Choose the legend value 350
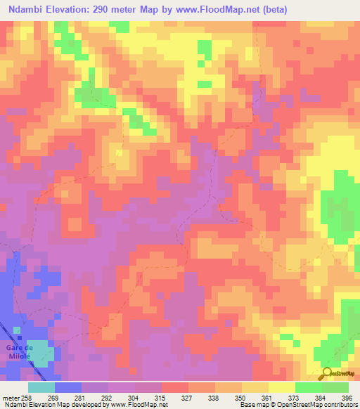click(x=241, y=398)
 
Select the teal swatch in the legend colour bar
click(x=41, y=387)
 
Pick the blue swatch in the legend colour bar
click(x=68, y=387)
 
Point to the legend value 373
click(x=294, y=398)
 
